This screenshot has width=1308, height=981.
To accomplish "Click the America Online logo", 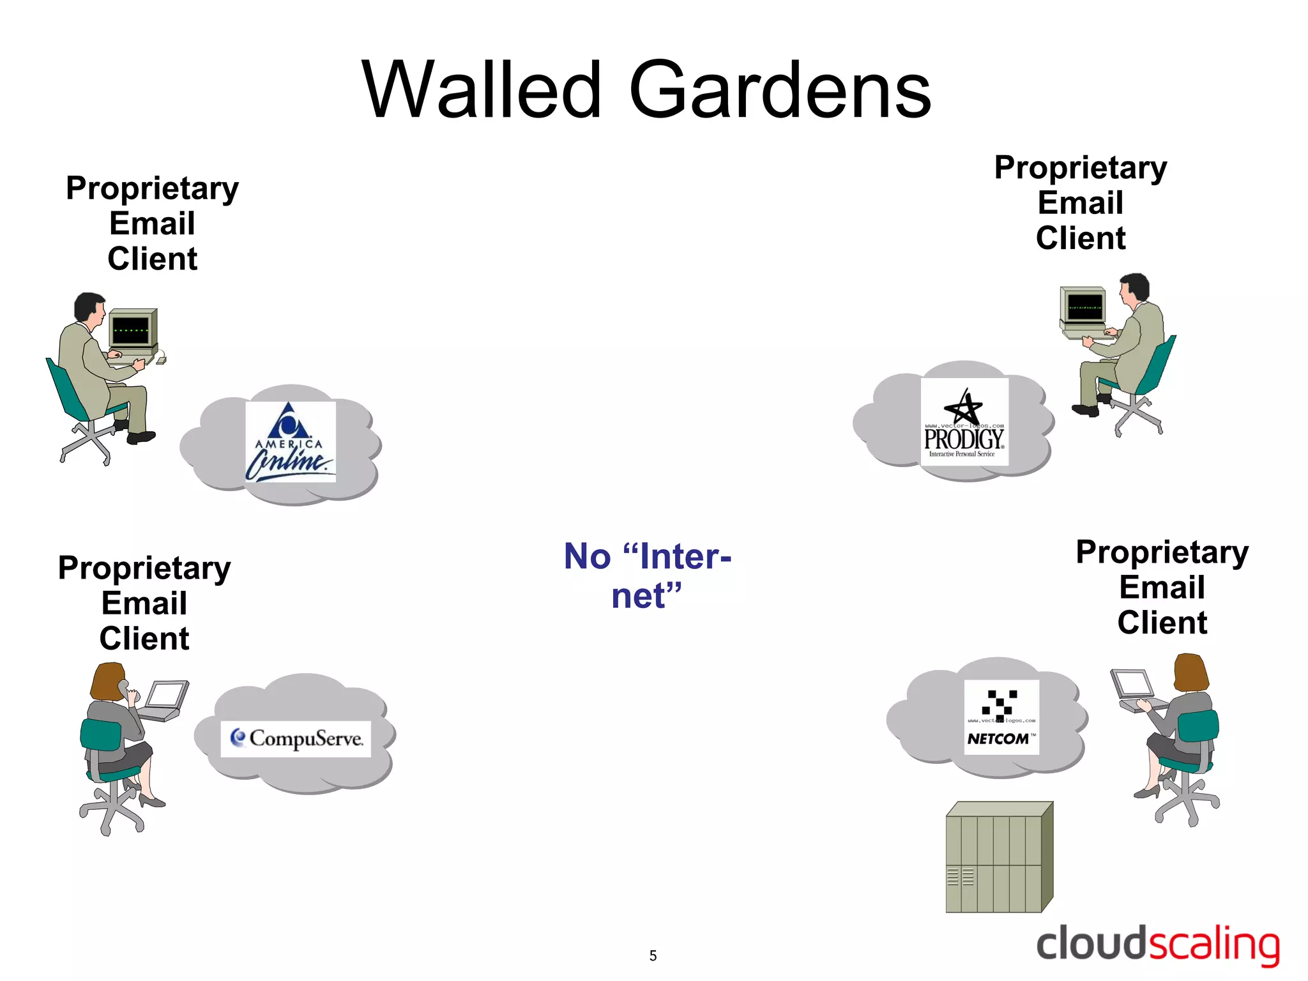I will point(291,441).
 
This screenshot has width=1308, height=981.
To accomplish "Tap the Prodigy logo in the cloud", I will point(964,422).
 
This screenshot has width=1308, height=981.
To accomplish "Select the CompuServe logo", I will point(296,739).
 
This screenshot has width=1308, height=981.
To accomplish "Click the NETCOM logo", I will point(1001,717).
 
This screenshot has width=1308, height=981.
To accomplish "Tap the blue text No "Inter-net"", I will point(647,575).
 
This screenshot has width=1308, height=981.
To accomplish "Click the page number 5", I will point(653,955).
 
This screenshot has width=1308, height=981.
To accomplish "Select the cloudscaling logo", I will point(1157,945).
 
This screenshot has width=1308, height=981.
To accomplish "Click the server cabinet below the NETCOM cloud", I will point(998,858).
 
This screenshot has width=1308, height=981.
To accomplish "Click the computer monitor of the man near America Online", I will point(132,330).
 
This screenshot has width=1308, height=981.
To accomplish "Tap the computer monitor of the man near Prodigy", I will point(1084,307).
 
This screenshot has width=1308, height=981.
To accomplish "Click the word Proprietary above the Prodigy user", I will point(1080,168).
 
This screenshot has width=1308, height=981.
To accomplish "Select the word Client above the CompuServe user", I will point(144,639).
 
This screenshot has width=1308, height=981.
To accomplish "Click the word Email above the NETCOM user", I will point(1162,587).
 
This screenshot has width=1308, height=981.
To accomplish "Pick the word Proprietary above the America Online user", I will point(152,188).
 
